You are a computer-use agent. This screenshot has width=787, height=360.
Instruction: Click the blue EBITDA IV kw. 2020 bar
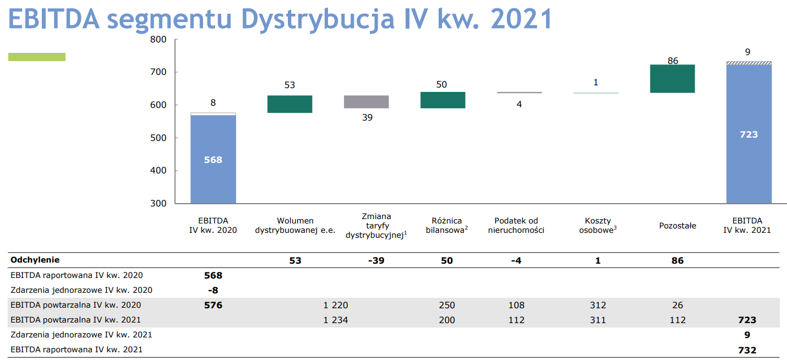point(214,159)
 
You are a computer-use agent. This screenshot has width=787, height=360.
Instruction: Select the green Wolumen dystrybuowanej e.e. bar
point(290,104)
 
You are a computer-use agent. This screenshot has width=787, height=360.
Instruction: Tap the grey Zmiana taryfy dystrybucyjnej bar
point(367,102)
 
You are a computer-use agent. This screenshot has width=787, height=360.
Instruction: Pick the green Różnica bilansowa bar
point(442,100)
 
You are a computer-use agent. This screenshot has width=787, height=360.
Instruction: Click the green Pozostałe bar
point(673,79)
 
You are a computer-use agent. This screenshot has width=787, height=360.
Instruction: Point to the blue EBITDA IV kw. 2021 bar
point(749,134)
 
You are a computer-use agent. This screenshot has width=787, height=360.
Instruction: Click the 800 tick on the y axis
point(158,40)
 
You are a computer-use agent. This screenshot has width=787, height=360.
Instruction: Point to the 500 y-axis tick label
point(158,138)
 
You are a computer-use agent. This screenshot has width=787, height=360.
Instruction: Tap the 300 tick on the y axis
point(158,203)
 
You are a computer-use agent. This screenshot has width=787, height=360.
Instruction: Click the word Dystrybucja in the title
point(318,20)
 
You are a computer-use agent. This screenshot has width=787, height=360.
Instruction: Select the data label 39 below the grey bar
point(367,117)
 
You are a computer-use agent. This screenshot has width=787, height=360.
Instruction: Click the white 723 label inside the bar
point(748,134)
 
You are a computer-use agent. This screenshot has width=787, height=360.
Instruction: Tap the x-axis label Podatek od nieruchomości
point(516,225)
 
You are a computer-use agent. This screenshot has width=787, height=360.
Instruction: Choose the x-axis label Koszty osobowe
point(598,225)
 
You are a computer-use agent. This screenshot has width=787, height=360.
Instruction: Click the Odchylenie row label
point(35,260)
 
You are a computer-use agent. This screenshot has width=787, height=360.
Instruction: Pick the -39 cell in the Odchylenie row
point(376,260)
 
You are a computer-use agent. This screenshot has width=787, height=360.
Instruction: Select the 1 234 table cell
point(336,320)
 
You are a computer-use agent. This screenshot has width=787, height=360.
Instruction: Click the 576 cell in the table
point(214,305)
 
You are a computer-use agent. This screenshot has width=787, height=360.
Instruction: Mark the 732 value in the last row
point(747,350)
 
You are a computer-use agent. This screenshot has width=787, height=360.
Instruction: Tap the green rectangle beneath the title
point(37,57)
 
